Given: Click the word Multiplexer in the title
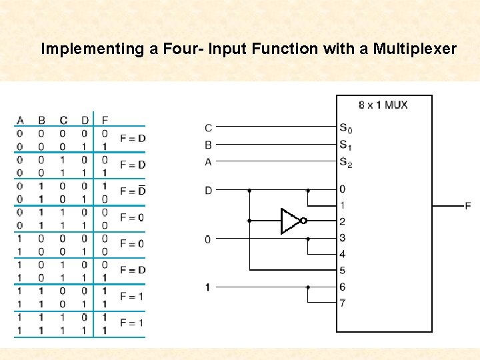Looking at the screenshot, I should [415, 49].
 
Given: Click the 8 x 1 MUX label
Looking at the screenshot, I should [383, 105].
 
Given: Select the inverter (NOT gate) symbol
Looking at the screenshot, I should [292, 221].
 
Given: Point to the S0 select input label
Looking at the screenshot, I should [345, 128].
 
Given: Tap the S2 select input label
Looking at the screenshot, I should [345, 161].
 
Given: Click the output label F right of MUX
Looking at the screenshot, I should [468, 206].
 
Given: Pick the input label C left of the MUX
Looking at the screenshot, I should [209, 128].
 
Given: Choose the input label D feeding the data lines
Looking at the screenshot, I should [209, 191].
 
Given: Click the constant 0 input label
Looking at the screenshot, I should [208, 239].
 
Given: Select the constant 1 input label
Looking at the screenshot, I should [208, 287].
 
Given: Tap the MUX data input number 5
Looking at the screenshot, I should [343, 271].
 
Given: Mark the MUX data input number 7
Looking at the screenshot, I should [343, 303].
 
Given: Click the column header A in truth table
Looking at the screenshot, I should [20, 120].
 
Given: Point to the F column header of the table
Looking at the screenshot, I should [104, 120].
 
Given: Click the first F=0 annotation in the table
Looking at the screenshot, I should [132, 217].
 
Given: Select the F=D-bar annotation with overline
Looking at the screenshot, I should [132, 191].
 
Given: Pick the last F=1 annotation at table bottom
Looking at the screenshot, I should [132, 323].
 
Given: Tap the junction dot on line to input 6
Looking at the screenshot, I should [308, 287].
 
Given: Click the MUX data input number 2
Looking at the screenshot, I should [343, 221].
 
